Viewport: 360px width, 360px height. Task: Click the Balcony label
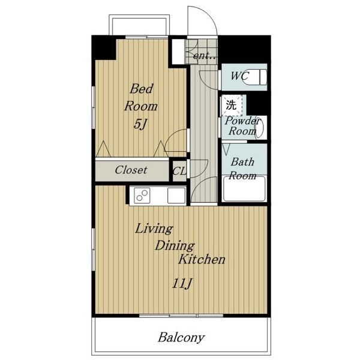[x=181, y=337]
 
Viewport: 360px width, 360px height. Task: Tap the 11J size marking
[x=182, y=283]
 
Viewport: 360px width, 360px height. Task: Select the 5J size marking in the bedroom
[x=140, y=125]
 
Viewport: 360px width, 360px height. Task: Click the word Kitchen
[x=202, y=259]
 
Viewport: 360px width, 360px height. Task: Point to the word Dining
[x=175, y=246]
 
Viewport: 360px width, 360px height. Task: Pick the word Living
[x=154, y=229]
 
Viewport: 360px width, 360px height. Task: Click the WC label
[x=239, y=76]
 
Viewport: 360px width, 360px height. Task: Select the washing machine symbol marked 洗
[x=231, y=105]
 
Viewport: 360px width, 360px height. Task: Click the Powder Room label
[x=242, y=126]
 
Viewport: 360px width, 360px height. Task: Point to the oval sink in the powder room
[x=260, y=128]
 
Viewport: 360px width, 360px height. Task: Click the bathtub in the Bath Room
[x=244, y=188]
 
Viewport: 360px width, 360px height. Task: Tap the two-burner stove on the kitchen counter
[x=142, y=196]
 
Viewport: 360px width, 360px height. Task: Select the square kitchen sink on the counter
[x=176, y=196]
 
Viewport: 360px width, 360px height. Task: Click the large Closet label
[x=131, y=170]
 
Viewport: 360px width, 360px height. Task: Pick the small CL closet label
[x=179, y=171]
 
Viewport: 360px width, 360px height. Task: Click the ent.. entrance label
[x=205, y=56]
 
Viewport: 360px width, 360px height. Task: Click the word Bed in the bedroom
[x=142, y=89]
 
